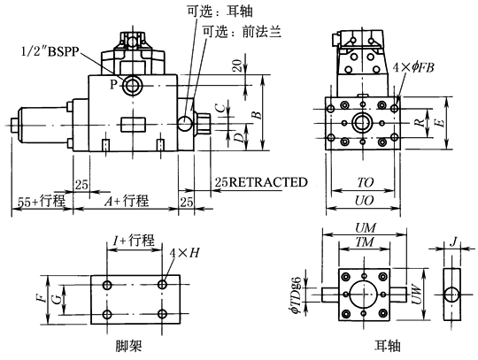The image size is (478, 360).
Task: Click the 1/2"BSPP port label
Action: [x=50, y=51]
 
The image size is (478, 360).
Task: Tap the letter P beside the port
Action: [x=113, y=84]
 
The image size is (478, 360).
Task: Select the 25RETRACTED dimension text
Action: [x=261, y=182]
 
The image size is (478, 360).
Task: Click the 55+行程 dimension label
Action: [x=41, y=202]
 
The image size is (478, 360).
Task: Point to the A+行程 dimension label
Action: [x=127, y=201]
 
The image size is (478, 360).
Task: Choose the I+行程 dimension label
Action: [x=133, y=240]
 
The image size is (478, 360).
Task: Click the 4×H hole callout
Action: [x=184, y=252]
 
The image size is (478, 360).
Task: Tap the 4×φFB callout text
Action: [x=413, y=67]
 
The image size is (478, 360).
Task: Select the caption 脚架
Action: [x=128, y=346]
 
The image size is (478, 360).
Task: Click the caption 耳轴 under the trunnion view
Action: [x=387, y=346]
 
